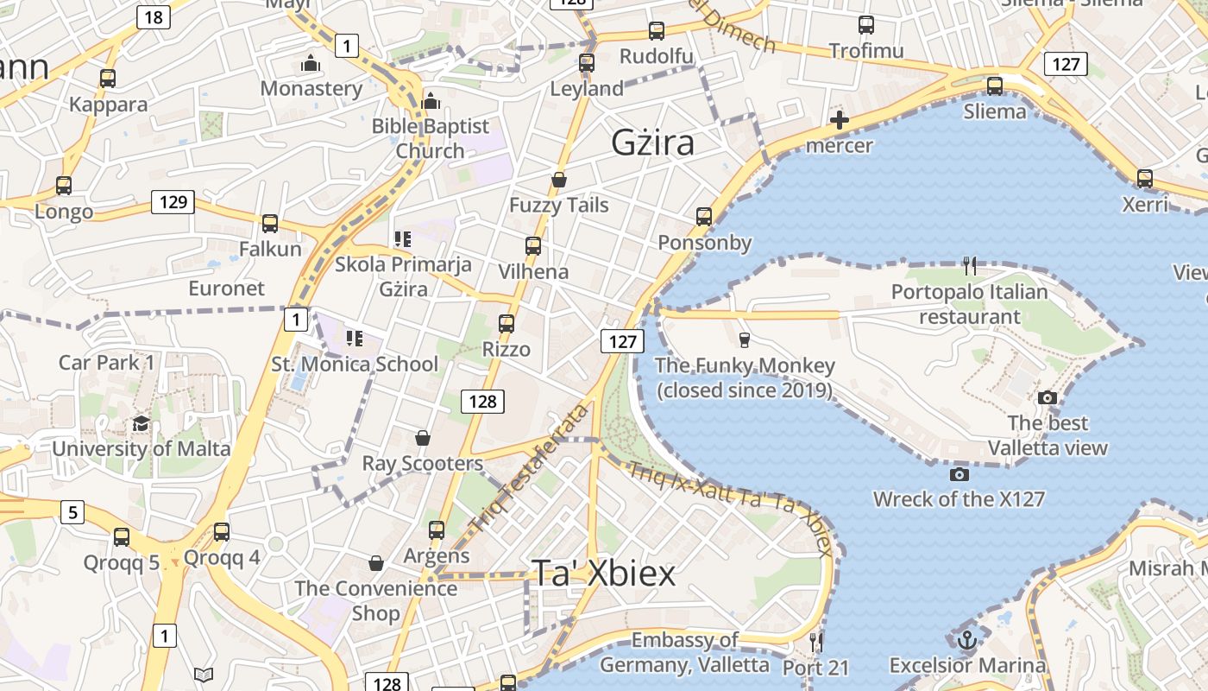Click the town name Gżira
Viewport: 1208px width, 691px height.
(x=652, y=143)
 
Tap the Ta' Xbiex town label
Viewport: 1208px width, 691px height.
(x=603, y=573)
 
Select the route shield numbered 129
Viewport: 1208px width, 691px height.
(x=173, y=202)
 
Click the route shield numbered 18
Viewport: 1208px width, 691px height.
(x=153, y=17)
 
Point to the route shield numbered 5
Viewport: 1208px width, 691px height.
(x=72, y=512)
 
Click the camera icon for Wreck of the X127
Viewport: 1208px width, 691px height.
(x=959, y=474)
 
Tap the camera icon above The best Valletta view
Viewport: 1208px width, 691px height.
(x=1048, y=398)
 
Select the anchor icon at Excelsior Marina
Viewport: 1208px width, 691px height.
(x=967, y=640)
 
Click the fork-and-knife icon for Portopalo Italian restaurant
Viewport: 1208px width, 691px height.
(x=971, y=266)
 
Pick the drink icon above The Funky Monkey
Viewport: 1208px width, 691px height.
(x=745, y=339)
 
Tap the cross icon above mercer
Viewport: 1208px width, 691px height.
(x=839, y=120)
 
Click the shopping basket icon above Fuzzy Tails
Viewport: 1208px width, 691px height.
(x=559, y=180)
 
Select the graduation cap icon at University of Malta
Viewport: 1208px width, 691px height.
(x=141, y=423)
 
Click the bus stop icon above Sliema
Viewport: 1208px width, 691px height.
(x=995, y=86)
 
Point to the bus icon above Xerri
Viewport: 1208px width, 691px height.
(x=1145, y=179)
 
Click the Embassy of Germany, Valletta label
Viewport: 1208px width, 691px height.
(x=684, y=652)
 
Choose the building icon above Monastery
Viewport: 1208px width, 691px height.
(x=311, y=63)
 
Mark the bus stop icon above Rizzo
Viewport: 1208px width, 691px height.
(x=506, y=324)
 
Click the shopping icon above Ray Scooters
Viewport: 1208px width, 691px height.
(x=423, y=438)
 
